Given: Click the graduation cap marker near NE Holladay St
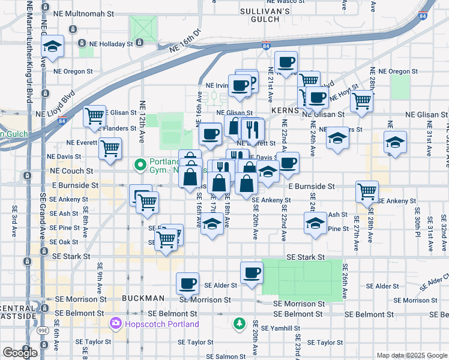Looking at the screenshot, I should click(x=53, y=47).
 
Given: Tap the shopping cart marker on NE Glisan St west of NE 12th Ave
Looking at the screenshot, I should click(x=95, y=116).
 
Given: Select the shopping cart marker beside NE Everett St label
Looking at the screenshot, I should click(x=110, y=148).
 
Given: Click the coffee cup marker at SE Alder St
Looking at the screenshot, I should click(x=187, y=284).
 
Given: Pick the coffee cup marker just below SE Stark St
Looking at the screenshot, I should click(x=252, y=272).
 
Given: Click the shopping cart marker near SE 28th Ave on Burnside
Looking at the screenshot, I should click(x=367, y=192).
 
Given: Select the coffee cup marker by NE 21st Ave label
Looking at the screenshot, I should click(x=286, y=62).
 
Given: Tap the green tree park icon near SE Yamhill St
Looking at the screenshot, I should click(x=240, y=324).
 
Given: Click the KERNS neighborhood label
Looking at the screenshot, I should click(x=285, y=111).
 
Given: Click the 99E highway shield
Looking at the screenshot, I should click(x=44, y=330).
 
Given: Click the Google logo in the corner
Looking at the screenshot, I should click(x=20, y=352).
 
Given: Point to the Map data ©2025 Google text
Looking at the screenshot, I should click(x=411, y=355).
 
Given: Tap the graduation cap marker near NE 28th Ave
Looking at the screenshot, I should click(x=394, y=143).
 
